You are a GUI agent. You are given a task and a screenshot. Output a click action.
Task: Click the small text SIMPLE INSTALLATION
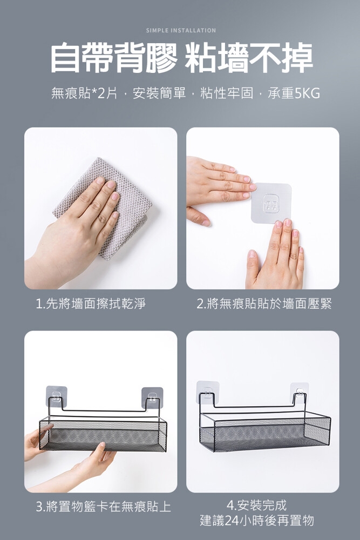click(181, 30)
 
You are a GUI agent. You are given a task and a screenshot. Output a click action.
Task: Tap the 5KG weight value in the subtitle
click(307, 93)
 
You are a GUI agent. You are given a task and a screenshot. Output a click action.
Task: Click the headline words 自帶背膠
click(113, 58)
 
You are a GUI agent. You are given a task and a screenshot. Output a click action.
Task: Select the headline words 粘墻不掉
click(248, 58)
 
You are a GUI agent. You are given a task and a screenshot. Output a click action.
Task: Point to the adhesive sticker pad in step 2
click(271, 203)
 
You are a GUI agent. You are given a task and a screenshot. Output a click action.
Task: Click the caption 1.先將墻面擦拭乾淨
click(91, 303)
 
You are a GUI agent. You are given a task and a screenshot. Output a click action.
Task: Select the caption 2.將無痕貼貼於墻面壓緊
click(264, 303)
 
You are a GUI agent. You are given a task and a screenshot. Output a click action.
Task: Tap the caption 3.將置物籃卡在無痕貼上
click(103, 507)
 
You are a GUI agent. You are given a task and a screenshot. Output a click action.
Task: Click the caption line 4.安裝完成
click(257, 505)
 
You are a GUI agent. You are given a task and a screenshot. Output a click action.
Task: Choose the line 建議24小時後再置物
click(257, 520)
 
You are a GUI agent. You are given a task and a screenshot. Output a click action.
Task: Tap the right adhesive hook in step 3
click(152, 398)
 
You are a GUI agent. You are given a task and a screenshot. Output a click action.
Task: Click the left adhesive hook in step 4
click(208, 392)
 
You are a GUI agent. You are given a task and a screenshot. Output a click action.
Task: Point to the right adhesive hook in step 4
click(300, 392)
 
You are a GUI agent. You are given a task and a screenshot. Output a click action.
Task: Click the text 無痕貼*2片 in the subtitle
click(84, 93)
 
